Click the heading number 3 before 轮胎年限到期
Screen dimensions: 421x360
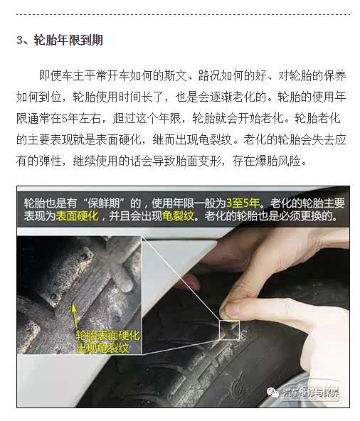click(x=20, y=40)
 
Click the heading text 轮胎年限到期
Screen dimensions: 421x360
click(x=68, y=40)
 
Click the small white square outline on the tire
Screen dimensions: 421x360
click(x=229, y=329)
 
